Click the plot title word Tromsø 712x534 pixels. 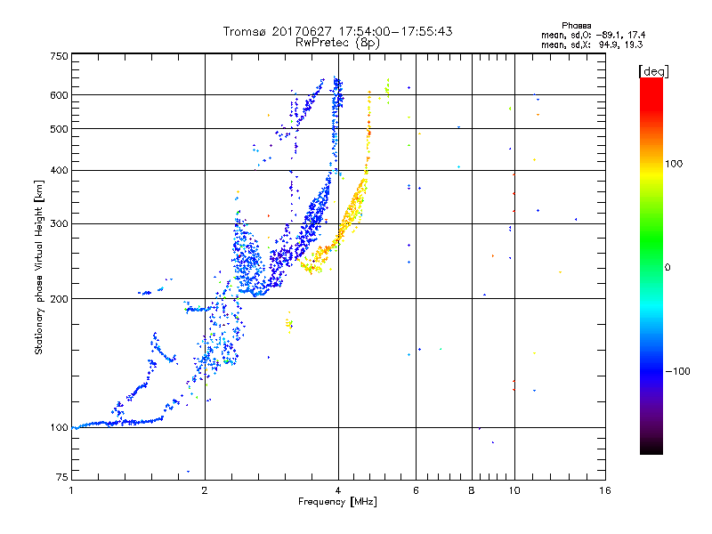pos(247,31)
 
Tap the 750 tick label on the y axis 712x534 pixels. pos(60,56)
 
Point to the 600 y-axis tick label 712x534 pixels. pos(60,95)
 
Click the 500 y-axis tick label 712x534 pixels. pos(60,129)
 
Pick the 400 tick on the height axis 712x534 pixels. pos(60,170)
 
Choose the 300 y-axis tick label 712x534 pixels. pos(60,223)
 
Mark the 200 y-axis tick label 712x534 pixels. pos(60,299)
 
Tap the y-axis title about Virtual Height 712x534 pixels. pos(39,267)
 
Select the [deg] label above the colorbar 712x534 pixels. pos(652,70)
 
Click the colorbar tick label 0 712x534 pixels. pos(668,267)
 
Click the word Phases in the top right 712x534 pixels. pos(578,25)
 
